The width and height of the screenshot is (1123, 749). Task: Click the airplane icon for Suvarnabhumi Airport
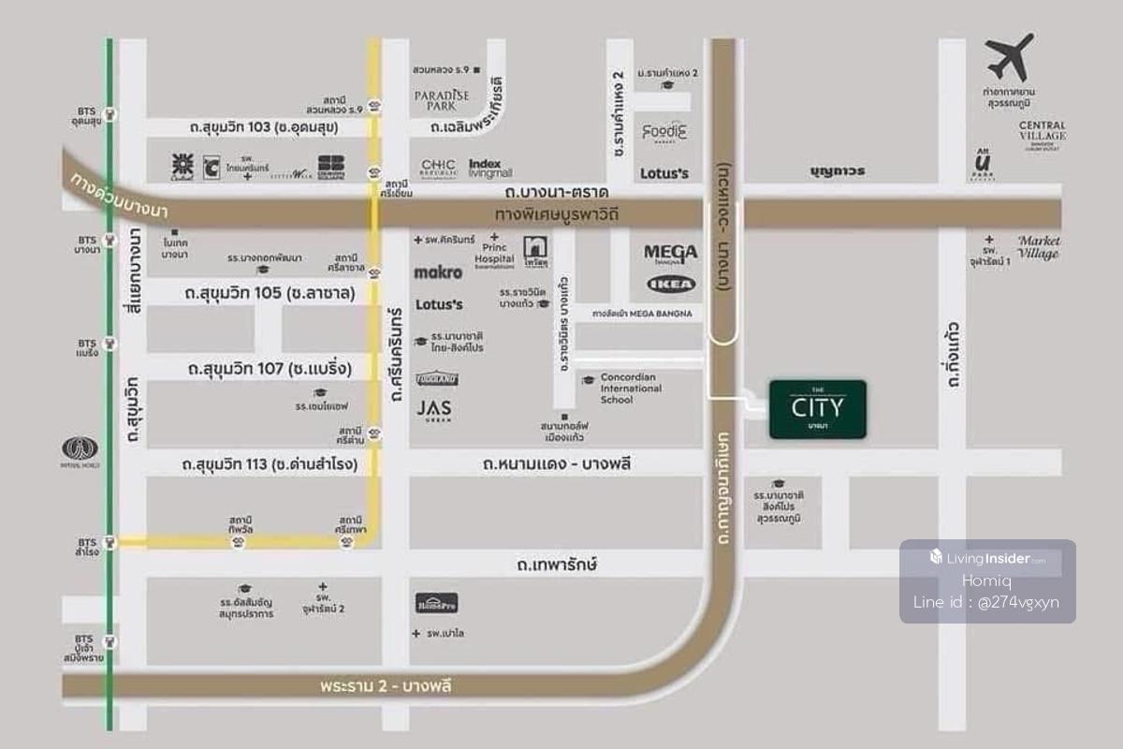pos(1009,58)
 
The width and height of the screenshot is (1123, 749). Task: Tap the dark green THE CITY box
pos(817,409)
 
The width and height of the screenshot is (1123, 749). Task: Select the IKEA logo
pos(670,284)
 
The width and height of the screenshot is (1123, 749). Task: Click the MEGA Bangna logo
pos(670,254)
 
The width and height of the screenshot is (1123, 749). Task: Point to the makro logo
pos(438,272)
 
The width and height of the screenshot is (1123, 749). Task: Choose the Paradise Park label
pos(442,99)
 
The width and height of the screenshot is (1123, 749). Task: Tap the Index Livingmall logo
pos(491,168)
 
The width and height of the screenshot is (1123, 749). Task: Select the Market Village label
pos(1039,246)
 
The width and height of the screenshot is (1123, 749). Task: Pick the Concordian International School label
pos(631,389)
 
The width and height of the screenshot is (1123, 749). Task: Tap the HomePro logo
pos(437,604)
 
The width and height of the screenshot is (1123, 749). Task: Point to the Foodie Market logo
pos(664,133)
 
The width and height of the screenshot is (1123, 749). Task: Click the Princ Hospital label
pos(494,252)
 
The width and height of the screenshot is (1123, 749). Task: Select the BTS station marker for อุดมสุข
pos(110,115)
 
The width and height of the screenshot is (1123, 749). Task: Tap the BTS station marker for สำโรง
pos(110,541)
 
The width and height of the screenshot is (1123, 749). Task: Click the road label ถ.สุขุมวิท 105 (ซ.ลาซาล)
pos(270,293)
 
